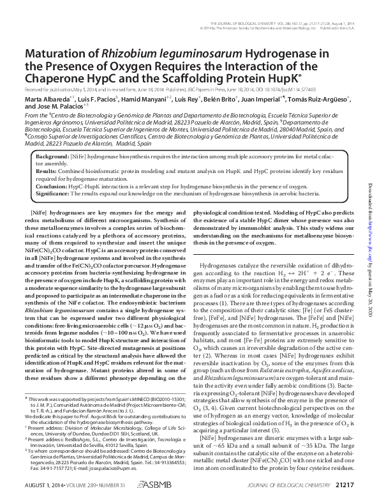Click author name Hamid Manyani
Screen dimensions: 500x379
pyautogui.click(x=142, y=100)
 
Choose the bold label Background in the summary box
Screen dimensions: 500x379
pyautogui.click(x=54, y=156)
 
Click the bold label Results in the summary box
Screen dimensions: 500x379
pyautogui.click(x=47, y=172)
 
